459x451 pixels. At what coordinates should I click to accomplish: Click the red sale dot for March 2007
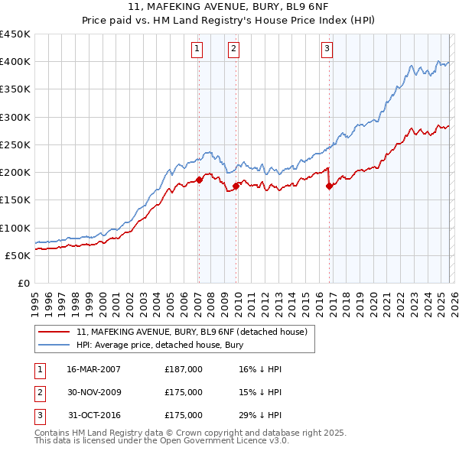click(x=199, y=180)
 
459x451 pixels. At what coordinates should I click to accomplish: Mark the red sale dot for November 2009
click(x=236, y=186)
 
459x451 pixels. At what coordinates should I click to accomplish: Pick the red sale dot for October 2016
click(x=329, y=186)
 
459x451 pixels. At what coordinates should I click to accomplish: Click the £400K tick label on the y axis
click(x=15, y=62)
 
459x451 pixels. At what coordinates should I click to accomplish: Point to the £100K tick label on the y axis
click(x=15, y=228)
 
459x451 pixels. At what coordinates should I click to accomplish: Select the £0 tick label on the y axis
click(x=23, y=283)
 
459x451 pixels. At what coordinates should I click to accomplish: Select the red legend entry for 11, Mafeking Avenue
click(x=191, y=332)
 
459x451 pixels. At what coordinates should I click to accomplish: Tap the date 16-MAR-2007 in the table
click(x=94, y=369)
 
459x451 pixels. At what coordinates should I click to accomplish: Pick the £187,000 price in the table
click(x=184, y=369)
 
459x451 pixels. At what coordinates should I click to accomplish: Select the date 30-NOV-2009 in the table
click(x=94, y=392)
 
